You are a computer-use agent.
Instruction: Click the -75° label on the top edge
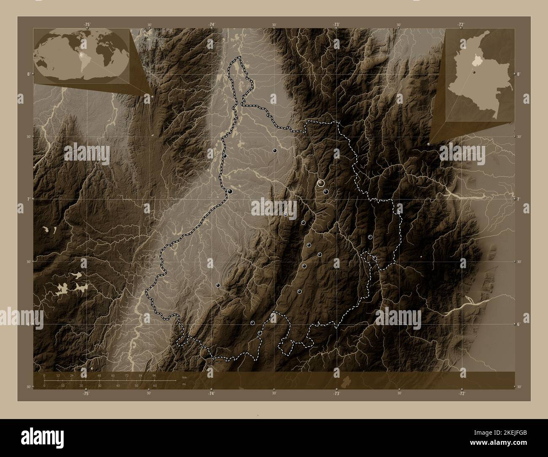click(x=86, y=25)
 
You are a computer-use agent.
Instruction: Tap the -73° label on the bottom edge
click(x=337, y=393)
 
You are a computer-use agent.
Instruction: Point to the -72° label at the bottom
click(x=462, y=393)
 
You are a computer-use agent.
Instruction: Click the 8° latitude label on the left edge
click(x=28, y=74)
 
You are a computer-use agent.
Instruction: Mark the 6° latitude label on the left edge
click(x=28, y=324)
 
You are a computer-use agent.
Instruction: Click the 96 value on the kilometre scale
click(x=154, y=375)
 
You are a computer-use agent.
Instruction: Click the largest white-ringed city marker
click(x=321, y=183)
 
